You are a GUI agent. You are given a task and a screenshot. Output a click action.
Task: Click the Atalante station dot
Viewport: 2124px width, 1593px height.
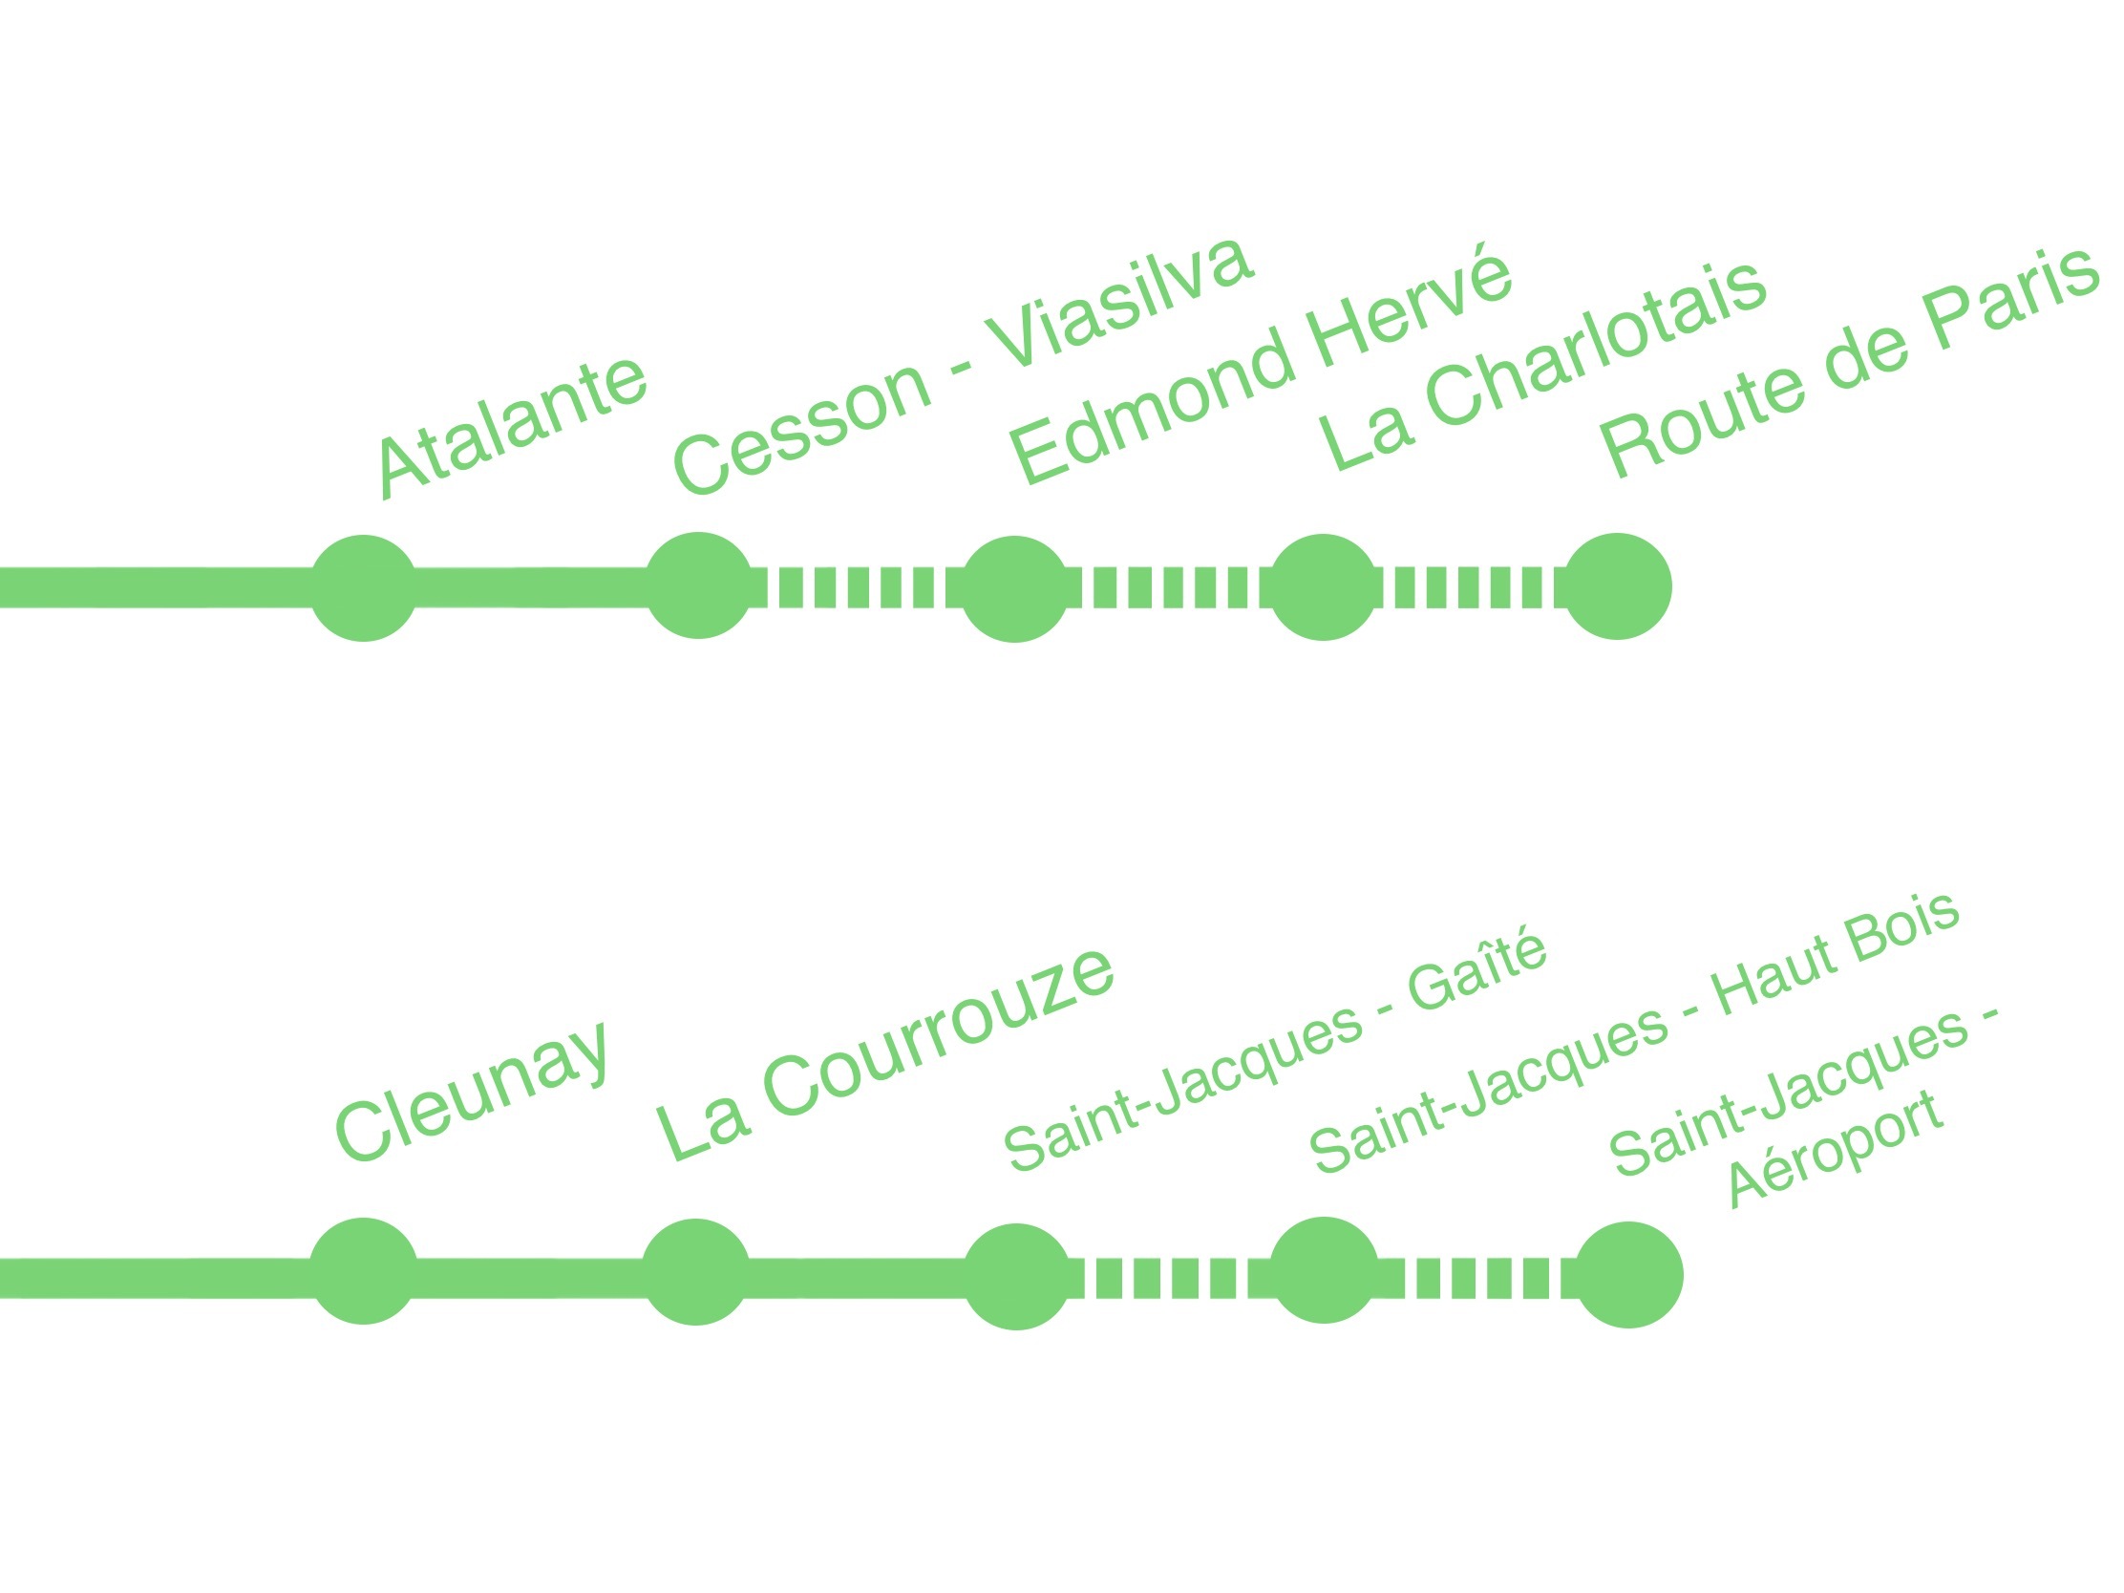point(364,587)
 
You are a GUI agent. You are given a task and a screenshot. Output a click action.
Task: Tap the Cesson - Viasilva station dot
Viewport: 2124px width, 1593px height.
point(698,585)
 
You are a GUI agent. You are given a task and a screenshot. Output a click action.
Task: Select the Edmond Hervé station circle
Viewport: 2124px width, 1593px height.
point(1015,588)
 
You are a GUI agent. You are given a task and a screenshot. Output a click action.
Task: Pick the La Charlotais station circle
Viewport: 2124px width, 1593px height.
point(1323,586)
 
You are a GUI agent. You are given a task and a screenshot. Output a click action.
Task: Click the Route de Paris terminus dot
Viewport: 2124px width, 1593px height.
point(1617,585)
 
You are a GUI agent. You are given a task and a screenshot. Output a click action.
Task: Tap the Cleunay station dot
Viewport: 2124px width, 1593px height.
point(364,1271)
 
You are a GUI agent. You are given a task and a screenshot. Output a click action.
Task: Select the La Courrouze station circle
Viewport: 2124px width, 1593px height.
point(696,1272)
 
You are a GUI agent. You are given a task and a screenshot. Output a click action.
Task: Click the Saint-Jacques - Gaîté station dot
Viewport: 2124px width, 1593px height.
point(1017,1276)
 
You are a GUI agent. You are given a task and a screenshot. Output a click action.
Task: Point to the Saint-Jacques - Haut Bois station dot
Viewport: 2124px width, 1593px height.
point(1324,1270)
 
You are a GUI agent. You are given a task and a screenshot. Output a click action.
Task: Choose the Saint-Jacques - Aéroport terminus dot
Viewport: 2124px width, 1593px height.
point(1628,1275)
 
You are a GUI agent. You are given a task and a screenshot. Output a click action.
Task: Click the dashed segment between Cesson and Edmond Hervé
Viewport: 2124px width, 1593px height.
point(857,587)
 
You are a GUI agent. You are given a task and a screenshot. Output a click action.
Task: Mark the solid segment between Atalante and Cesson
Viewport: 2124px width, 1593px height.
point(531,587)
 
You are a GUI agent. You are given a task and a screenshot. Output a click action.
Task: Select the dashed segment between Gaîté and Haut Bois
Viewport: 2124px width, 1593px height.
point(1170,1278)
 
